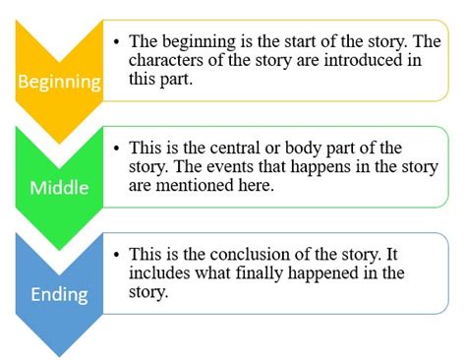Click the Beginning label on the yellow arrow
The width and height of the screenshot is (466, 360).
[60, 80]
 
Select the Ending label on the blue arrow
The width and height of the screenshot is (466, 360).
[60, 292]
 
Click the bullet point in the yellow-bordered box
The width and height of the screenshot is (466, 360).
[118, 41]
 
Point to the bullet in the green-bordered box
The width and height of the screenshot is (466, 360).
[118, 148]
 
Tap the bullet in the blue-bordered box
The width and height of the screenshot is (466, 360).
[118, 256]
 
